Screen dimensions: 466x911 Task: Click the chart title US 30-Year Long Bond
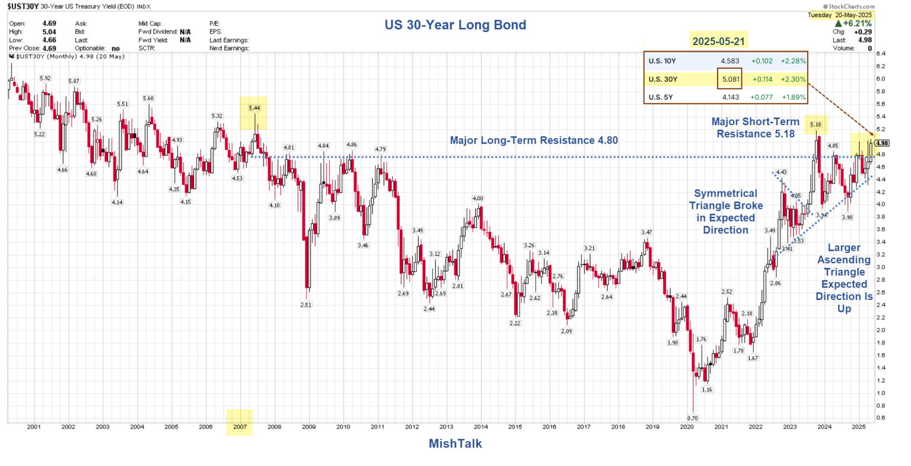point(455,25)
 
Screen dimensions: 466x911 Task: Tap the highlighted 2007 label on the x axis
point(240,427)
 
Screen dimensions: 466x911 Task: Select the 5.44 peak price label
point(254,108)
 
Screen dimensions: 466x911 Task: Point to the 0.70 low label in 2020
point(692,418)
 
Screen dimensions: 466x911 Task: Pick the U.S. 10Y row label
point(662,60)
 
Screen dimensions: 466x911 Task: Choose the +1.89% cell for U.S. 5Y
point(793,97)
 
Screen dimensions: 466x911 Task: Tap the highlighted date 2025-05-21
point(719,41)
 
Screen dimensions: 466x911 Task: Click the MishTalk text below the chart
point(455,443)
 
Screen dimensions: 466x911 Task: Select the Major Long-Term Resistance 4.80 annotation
point(534,141)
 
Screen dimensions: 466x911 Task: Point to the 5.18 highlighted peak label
point(816,125)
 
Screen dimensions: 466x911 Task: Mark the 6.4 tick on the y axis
point(881,53)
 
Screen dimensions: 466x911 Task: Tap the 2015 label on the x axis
point(515,427)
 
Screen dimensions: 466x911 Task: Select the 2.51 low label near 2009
point(306,305)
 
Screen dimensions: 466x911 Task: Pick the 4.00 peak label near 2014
point(477,198)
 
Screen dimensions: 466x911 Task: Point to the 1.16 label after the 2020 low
point(707,390)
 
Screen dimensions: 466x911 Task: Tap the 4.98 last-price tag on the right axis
point(882,143)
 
